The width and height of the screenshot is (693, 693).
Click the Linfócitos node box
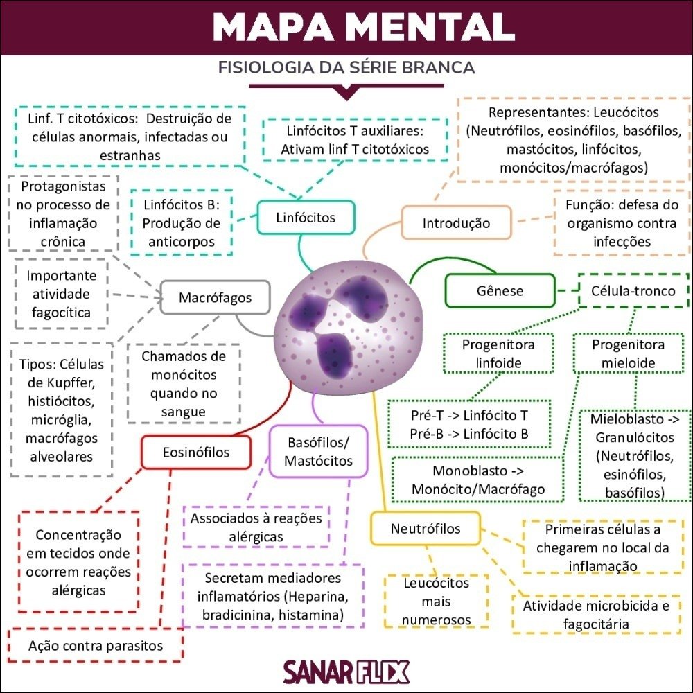(x=306, y=218)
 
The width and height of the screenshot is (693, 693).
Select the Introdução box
(x=456, y=223)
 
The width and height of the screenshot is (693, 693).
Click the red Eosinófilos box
(x=196, y=453)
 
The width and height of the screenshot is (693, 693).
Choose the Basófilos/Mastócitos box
(x=318, y=451)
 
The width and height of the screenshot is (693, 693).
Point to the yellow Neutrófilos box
(x=426, y=529)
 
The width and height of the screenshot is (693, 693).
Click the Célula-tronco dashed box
(x=633, y=290)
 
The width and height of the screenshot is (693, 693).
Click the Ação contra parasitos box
(x=96, y=646)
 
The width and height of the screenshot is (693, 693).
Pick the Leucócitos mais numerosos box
(x=436, y=602)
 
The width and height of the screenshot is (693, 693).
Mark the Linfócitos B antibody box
(x=182, y=223)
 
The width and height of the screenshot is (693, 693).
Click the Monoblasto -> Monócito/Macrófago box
(x=477, y=480)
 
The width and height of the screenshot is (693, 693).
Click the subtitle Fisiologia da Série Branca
(x=346, y=68)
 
